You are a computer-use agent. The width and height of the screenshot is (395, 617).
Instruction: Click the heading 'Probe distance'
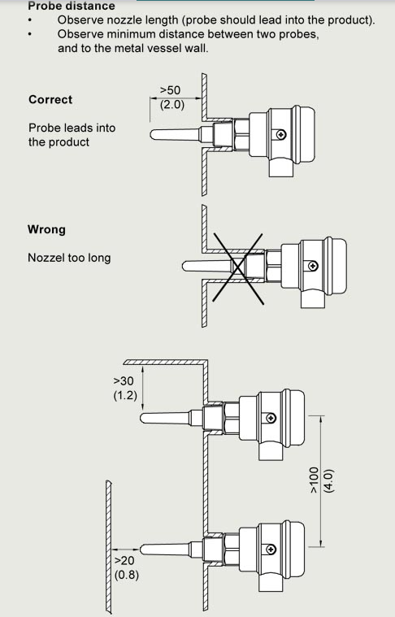[x=72, y=6]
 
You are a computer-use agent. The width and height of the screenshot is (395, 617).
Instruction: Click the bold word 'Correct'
[x=50, y=99]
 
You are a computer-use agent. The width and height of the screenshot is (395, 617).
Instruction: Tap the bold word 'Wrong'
[x=46, y=229]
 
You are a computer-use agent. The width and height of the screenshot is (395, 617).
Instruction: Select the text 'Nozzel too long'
[x=69, y=259]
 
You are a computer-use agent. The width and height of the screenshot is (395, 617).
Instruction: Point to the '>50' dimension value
[x=170, y=90]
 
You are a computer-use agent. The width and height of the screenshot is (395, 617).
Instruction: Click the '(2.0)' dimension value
[x=172, y=106]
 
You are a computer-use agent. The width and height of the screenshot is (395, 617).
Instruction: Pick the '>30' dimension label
[x=124, y=381]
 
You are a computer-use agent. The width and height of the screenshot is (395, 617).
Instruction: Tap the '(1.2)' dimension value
[x=125, y=395]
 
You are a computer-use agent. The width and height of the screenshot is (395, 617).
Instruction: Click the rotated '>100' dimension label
[x=314, y=480]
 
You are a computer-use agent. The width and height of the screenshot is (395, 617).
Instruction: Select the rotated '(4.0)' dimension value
[x=329, y=481]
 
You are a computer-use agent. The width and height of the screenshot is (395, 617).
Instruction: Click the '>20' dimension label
[x=124, y=560]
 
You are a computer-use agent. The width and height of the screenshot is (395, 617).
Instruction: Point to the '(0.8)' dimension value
[x=127, y=575]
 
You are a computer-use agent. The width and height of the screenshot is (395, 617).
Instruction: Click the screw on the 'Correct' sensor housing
[x=282, y=135]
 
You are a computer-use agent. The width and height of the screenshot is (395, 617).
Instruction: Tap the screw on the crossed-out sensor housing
[x=313, y=266]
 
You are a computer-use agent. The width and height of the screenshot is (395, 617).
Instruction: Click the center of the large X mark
[x=238, y=268]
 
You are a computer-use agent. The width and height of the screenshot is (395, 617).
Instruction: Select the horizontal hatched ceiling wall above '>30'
[x=166, y=362]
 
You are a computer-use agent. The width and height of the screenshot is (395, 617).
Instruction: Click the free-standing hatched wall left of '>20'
[x=109, y=546]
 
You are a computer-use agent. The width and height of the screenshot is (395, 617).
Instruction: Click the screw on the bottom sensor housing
[x=271, y=549]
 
